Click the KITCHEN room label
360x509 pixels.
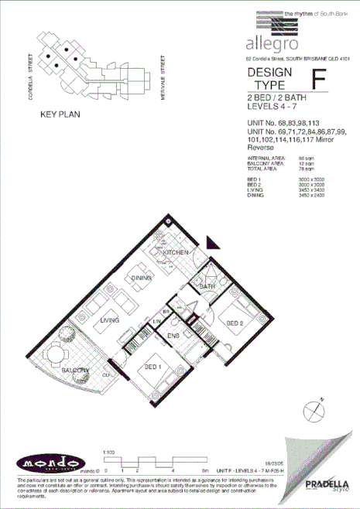tap(175, 254)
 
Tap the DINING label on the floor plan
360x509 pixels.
tap(141, 278)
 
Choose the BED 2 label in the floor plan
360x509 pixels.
tap(235, 323)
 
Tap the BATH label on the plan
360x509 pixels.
tap(207, 287)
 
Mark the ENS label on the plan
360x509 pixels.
tap(175, 336)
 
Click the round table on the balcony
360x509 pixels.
tap(55, 357)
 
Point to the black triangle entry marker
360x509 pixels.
tap(214, 242)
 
